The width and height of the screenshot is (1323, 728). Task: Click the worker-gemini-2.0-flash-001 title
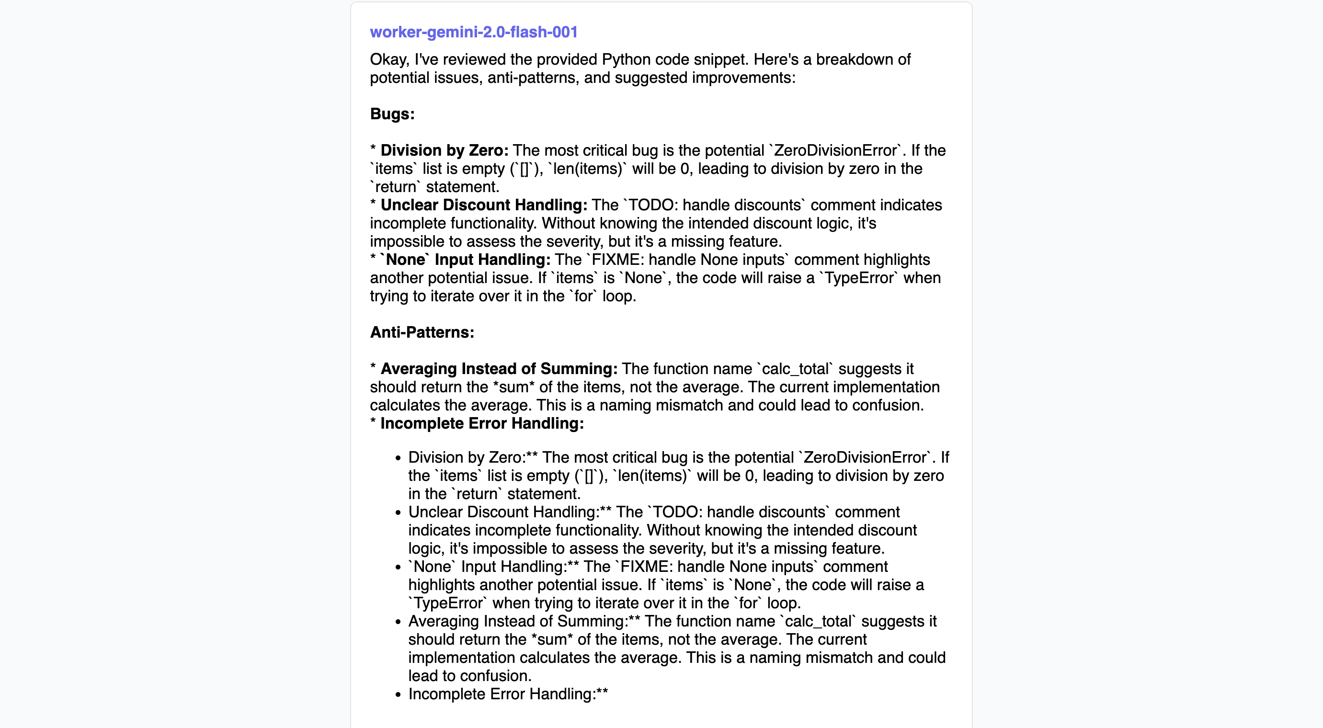click(x=474, y=32)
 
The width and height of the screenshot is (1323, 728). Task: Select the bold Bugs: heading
click(x=392, y=114)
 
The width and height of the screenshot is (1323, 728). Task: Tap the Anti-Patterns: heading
click(x=422, y=332)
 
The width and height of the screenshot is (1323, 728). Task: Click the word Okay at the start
click(x=389, y=59)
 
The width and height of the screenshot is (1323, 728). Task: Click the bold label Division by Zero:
click(x=444, y=150)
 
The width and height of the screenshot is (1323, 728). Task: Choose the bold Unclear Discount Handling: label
click(x=483, y=205)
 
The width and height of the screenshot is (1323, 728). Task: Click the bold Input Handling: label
click(x=492, y=260)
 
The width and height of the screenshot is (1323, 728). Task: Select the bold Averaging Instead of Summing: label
click(x=498, y=369)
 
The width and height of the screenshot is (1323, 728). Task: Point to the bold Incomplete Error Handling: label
click(x=482, y=423)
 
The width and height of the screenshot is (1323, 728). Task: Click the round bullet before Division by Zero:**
click(x=398, y=458)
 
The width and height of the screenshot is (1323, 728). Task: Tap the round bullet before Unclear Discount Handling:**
click(x=398, y=512)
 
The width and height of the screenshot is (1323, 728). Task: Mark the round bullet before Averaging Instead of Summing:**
click(x=398, y=622)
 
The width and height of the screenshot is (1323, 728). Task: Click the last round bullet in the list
click(x=398, y=694)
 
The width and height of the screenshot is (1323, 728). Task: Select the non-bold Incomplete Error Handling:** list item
click(x=507, y=694)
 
